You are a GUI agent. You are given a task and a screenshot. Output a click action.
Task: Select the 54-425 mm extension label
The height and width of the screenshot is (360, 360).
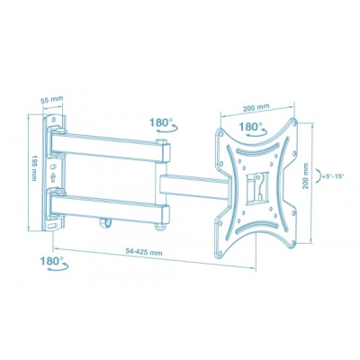[x=144, y=252]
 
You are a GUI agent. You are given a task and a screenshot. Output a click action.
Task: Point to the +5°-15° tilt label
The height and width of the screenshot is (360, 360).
[x=332, y=176]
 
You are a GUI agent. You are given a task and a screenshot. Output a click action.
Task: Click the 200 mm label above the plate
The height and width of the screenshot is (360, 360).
[x=256, y=108]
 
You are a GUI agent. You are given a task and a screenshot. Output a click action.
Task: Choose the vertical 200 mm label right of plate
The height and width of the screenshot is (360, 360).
[x=305, y=175]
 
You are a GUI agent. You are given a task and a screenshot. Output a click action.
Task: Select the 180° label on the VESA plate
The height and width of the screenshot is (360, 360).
[x=250, y=127]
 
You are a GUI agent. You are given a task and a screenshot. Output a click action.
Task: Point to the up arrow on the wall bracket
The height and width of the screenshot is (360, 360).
[x=53, y=177]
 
